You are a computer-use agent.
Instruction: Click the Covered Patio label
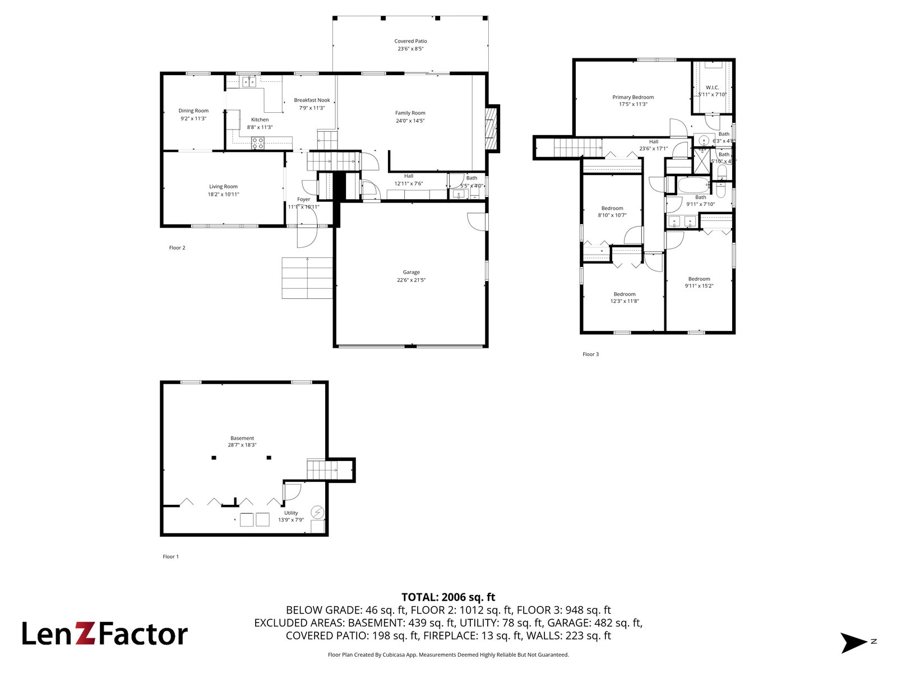tap(410, 41)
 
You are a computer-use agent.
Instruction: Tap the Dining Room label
tap(193, 110)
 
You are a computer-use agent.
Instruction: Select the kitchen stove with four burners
tap(257, 143)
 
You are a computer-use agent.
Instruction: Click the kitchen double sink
tap(249, 82)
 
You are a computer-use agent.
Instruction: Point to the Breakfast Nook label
tap(312, 100)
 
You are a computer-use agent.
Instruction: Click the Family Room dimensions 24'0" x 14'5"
tap(410, 121)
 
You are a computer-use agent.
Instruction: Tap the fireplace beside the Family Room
tap(491, 129)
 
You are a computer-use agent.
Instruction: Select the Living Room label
tap(223, 187)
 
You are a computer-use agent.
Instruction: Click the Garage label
tap(411, 272)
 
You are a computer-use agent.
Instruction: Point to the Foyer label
tap(303, 199)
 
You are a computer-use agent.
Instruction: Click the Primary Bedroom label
tap(633, 97)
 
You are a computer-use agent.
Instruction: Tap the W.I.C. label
tap(712, 87)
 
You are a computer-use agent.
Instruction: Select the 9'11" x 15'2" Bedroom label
tap(699, 279)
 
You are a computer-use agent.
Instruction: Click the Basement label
tap(242, 438)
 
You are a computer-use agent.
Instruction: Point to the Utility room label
tap(291, 513)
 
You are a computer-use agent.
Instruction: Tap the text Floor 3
tap(590, 354)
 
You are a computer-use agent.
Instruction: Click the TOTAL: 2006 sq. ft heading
tap(448, 597)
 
